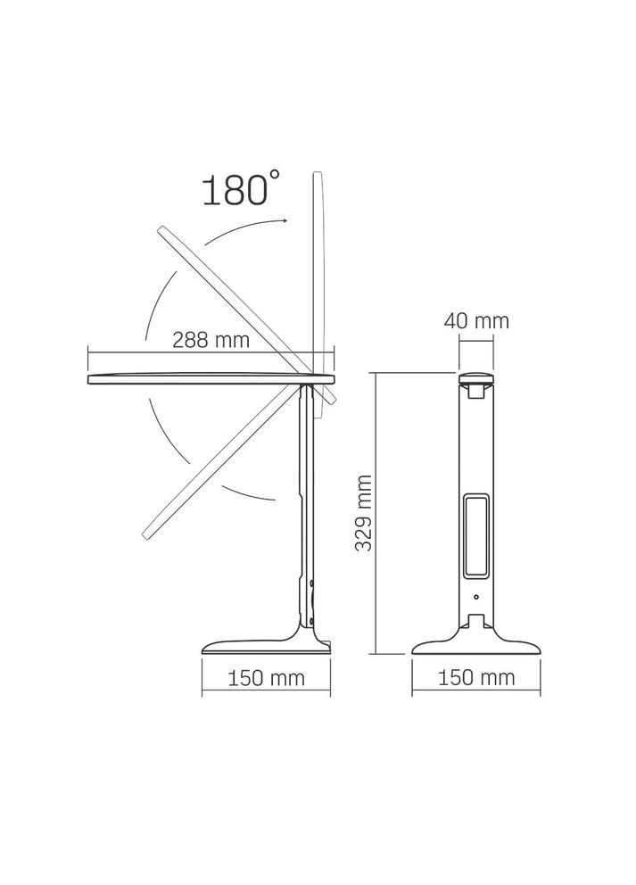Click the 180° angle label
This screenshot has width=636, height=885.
tap(234, 190)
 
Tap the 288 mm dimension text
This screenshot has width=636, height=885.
tap(211, 340)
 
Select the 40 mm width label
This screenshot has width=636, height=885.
tap(477, 321)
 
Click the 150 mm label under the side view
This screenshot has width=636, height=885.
tap(266, 678)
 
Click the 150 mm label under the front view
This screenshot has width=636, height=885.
tap(477, 678)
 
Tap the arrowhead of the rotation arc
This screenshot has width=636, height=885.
tap(283, 219)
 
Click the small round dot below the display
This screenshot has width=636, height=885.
tap(476, 598)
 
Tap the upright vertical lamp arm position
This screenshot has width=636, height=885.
tap(318, 268)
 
